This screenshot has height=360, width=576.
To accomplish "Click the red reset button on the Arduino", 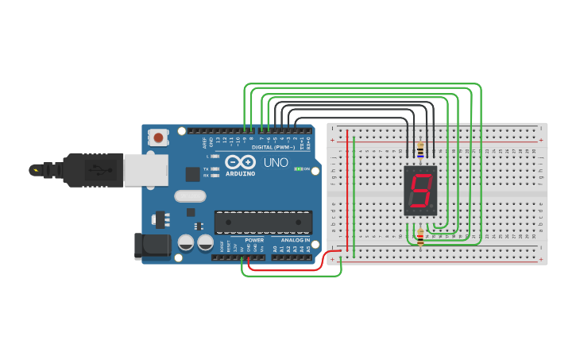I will [x=159, y=137].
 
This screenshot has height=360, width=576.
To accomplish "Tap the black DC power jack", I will [x=153, y=246].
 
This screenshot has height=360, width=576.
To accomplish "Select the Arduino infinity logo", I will [x=239, y=162].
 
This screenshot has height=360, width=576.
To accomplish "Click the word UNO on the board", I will [x=276, y=162].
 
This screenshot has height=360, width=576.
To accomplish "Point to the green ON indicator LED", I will [x=299, y=168].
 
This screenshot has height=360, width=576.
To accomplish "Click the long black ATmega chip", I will [x=263, y=223].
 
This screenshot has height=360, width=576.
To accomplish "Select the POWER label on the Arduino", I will [x=254, y=240].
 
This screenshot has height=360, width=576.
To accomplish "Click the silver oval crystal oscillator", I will [x=189, y=196].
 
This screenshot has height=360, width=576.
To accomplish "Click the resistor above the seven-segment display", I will [x=419, y=149].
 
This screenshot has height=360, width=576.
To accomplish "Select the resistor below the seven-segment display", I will [x=420, y=234].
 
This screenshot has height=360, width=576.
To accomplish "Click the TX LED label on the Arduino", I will [x=206, y=169].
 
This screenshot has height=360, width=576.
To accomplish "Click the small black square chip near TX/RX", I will [x=192, y=174].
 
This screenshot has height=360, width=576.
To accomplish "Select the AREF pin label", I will [x=204, y=144].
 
